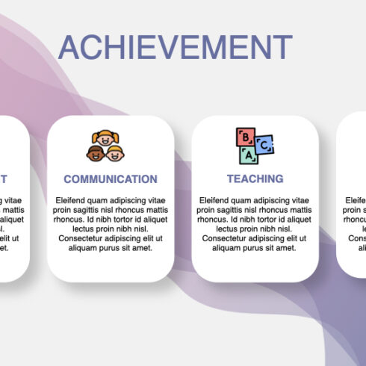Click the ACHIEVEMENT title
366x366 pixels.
point(175,47)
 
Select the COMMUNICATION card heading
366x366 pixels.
point(111,179)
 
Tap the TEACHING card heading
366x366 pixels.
point(255,179)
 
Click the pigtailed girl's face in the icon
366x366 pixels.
point(105,139)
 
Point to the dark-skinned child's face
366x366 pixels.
point(96,153)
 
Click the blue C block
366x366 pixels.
point(264,143)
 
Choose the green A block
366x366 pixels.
point(248,154)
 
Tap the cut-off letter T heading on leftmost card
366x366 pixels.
point(4,179)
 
